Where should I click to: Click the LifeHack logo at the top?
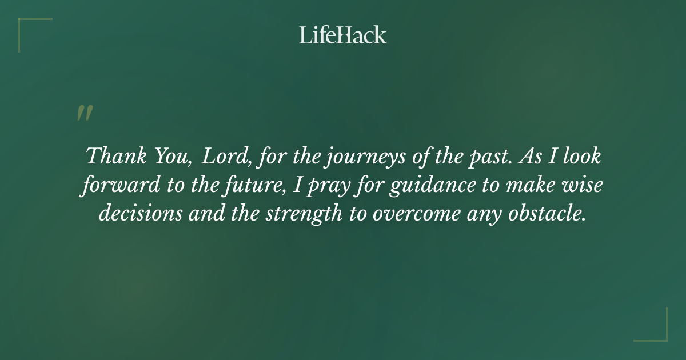343,35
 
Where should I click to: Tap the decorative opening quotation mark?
85,113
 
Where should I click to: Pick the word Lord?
225,157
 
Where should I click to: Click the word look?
580,157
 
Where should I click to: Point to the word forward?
112,185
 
